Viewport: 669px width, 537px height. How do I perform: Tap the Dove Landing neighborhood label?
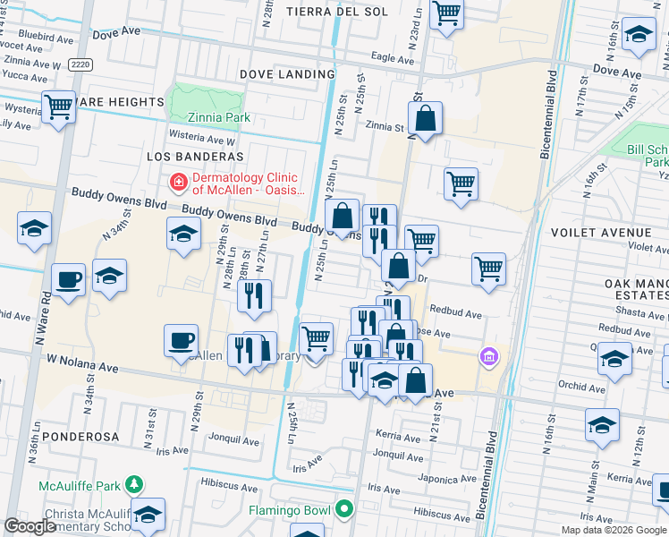pos(287,74)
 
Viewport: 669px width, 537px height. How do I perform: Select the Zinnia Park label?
pos(219,118)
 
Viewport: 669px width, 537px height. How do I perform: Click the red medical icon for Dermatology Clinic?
pos(179,183)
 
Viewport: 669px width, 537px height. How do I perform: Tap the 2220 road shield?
pos(80,64)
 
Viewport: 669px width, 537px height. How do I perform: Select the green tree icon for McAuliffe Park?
pos(134,485)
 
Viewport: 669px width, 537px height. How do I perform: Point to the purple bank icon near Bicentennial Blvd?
pos(488,358)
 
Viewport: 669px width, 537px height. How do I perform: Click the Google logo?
pos(30,526)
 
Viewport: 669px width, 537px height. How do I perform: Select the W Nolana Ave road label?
pos(83,367)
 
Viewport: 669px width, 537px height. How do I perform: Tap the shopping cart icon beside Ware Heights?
pos(58,107)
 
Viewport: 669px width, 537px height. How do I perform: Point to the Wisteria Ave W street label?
pos(204,141)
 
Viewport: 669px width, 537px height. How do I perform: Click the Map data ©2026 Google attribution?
pos(614,530)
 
